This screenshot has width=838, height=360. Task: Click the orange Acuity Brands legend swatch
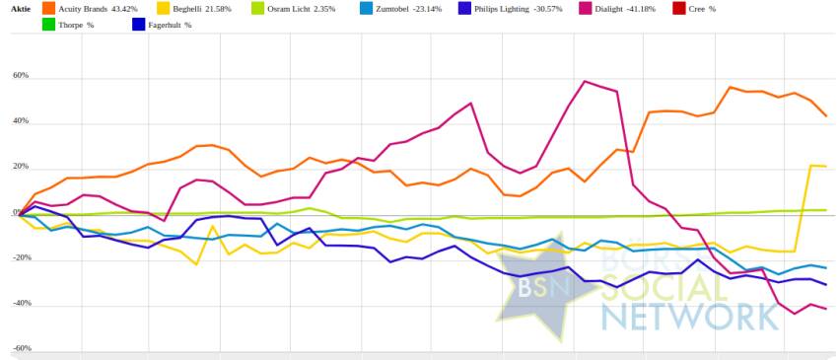[48, 9]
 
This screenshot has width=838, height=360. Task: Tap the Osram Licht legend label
[306, 9]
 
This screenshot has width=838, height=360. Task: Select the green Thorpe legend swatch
[48, 25]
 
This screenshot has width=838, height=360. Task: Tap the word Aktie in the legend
[21, 9]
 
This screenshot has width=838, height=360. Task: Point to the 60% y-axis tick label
[21, 75]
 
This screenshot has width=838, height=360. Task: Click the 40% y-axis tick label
[21, 121]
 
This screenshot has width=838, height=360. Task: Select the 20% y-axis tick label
[21, 167]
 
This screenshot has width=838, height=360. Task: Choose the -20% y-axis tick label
[21, 257]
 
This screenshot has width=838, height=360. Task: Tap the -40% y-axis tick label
[21, 303]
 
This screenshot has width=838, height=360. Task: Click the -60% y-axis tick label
[21, 348]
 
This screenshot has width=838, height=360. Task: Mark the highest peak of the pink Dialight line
[585, 81]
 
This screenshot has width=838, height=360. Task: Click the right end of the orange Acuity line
[826, 116]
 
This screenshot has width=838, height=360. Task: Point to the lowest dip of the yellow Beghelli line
[196, 264]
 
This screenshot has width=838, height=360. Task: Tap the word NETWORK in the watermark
[689, 317]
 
